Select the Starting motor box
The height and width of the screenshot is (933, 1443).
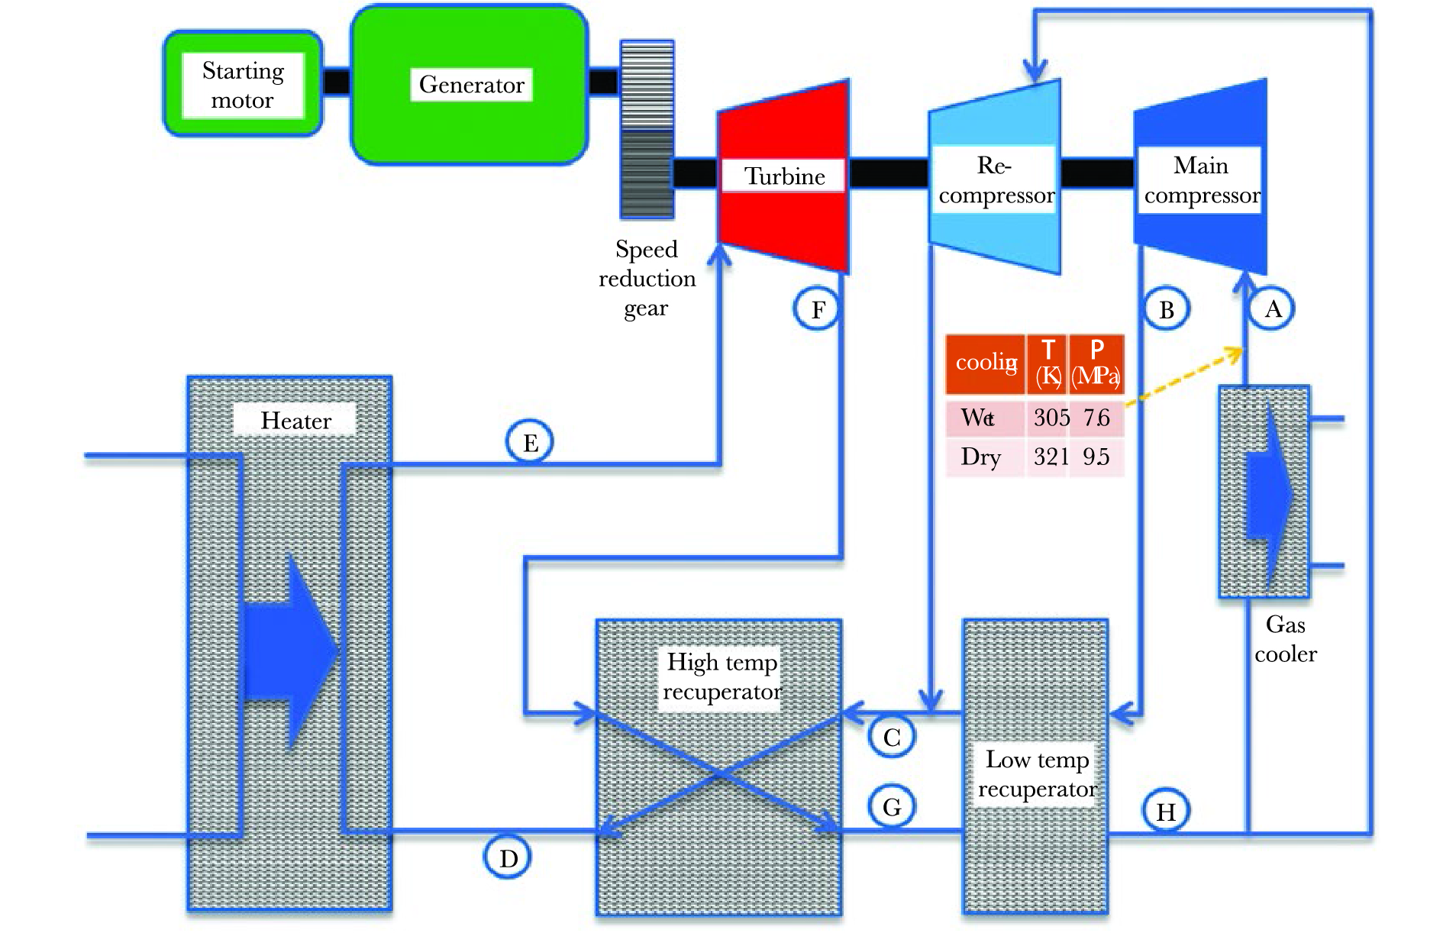[x=243, y=85]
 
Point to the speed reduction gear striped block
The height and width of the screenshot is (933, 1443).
[x=647, y=130]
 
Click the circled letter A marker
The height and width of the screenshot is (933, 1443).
[x=1273, y=309]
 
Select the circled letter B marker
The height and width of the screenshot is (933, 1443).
[x=1167, y=310]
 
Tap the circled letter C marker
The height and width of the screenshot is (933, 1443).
[x=892, y=737]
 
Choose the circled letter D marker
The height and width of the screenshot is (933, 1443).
[x=508, y=858]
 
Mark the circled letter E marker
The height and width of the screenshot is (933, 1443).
[x=530, y=443]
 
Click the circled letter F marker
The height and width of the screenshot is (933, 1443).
[x=818, y=310]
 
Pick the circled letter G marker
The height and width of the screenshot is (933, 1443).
[x=892, y=807]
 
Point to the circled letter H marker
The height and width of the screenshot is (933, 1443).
[x=1166, y=812]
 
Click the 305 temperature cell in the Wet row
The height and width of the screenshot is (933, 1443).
[x=1051, y=418]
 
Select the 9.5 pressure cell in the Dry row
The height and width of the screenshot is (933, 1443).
[x=1096, y=457]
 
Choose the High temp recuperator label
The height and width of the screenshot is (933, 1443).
[x=721, y=676]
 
